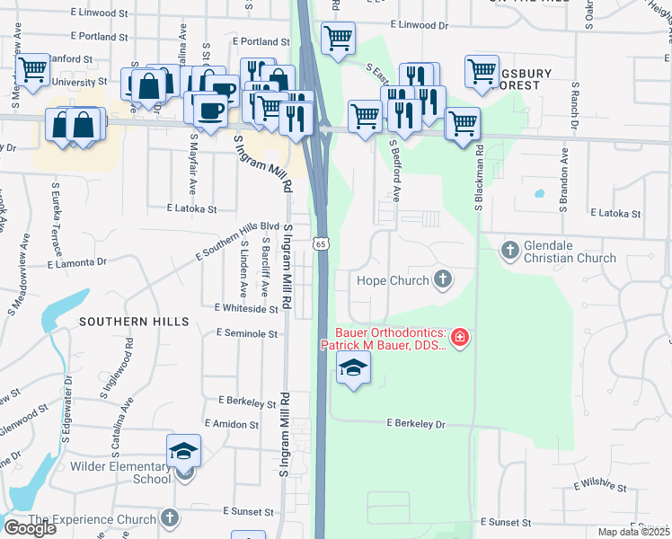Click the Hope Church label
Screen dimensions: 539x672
point(393,280)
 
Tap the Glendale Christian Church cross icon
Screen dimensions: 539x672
point(510,249)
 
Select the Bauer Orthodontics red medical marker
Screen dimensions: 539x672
point(460,338)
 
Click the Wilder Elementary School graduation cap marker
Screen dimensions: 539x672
point(183,452)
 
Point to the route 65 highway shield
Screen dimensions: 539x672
point(321,243)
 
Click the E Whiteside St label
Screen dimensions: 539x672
point(246,308)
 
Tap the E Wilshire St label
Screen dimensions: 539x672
point(599,486)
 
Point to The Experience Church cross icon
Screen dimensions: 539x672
point(170,518)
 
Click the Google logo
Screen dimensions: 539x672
point(30,528)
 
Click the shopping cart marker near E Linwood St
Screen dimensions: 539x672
point(338,39)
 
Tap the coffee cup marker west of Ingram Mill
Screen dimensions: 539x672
point(210,111)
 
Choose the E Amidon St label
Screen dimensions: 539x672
point(232,423)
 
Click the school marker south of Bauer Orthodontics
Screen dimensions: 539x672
point(353,367)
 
